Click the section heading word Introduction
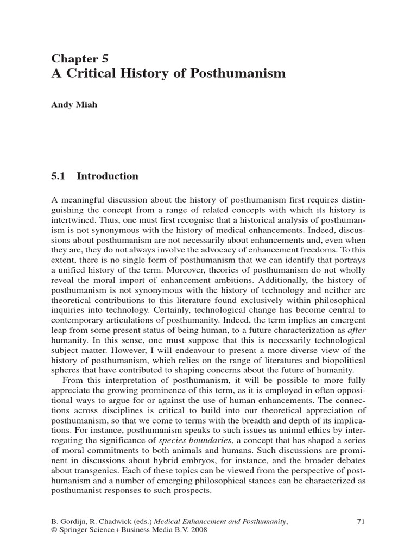(x=108, y=176)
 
